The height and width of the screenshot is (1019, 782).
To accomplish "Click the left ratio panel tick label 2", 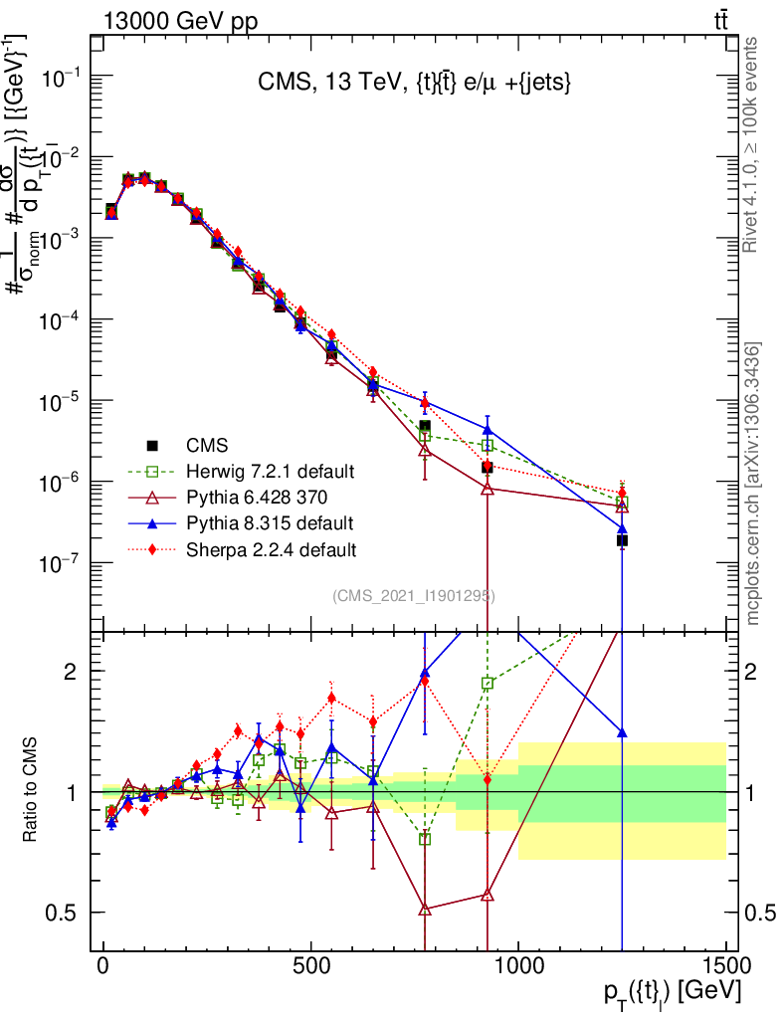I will (x=72, y=672).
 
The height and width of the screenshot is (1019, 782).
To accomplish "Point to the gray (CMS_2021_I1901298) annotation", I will (x=413, y=595).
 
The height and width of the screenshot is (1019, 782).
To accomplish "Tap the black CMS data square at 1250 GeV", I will (x=622, y=540).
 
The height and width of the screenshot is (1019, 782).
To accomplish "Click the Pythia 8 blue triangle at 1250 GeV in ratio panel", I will (x=622, y=732).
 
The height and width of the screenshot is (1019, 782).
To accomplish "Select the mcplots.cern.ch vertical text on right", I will (x=753, y=483).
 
